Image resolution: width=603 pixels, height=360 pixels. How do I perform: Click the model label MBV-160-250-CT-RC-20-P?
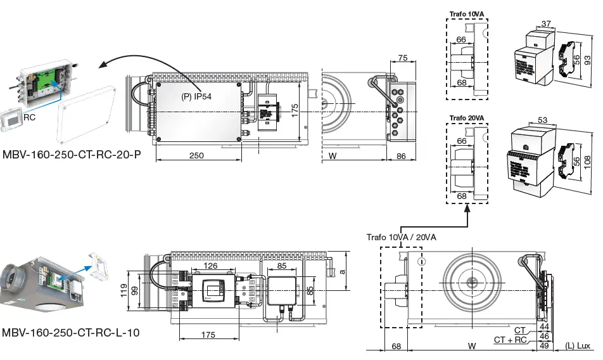pos(71,154)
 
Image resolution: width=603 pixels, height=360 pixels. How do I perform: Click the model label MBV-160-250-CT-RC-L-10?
pos(70,332)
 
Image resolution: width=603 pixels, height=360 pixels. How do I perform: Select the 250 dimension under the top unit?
pos(196,156)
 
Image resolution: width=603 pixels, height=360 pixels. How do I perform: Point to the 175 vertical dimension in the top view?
pos(295,109)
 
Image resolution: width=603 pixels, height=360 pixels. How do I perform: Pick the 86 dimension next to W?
pos(402,156)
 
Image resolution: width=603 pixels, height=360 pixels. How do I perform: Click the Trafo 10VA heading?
pos(467,13)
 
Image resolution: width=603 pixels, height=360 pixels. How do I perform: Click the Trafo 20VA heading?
pos(467,119)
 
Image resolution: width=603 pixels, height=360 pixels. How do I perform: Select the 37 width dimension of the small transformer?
pos(546,23)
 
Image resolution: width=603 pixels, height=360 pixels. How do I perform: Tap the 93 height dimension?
pos(588,60)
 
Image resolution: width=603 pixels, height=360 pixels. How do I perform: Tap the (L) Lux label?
pos(577,346)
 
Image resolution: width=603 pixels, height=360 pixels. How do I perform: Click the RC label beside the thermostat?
pos(30,117)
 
